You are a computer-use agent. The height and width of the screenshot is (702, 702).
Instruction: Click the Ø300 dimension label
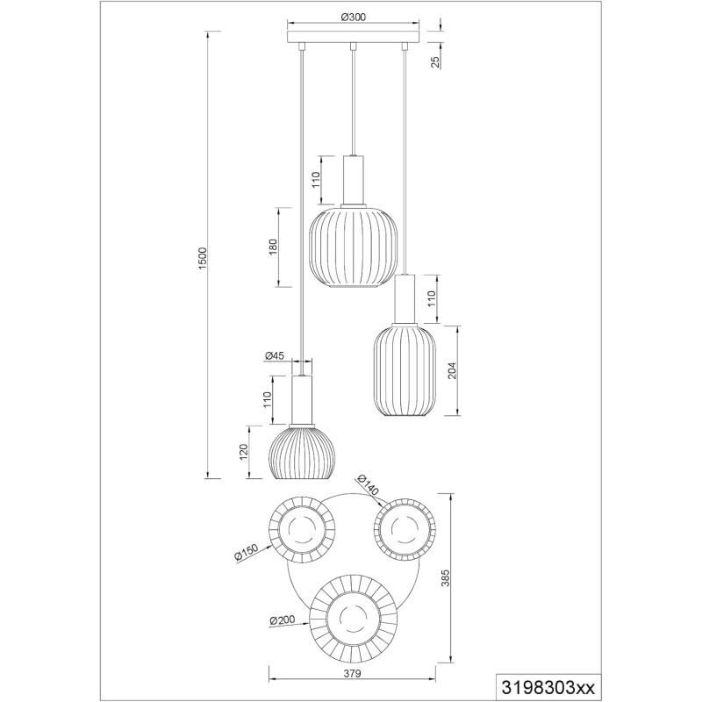click(354, 18)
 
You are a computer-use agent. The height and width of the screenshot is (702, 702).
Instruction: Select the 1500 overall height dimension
click(203, 258)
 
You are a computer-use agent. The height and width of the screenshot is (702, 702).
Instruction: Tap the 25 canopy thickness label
click(435, 62)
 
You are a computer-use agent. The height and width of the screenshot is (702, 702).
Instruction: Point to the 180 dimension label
click(274, 247)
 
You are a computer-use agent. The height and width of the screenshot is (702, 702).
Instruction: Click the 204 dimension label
click(452, 370)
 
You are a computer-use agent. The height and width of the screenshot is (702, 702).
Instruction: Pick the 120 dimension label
click(244, 453)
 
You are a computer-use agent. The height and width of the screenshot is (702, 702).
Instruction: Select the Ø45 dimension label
click(275, 356)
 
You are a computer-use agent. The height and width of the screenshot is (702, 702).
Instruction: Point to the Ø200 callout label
click(283, 620)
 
